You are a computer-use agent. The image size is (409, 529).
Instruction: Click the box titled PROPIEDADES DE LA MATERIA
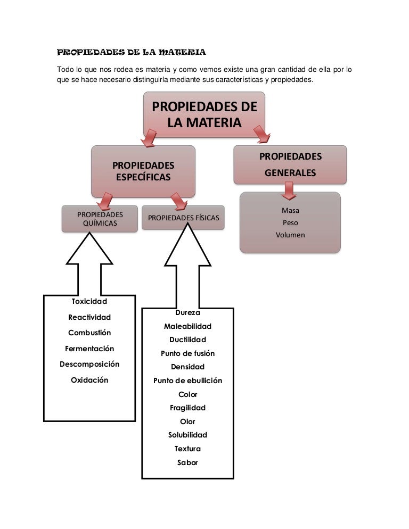204,114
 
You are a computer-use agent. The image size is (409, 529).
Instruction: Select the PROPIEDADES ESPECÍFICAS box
143,171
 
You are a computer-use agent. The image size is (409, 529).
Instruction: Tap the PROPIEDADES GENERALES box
290,165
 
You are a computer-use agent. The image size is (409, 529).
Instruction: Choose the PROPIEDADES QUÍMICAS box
100,219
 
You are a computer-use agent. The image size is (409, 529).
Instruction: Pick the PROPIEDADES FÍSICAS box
183,218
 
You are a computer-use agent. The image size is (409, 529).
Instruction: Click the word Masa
290,211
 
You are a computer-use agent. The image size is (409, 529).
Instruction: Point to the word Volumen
290,235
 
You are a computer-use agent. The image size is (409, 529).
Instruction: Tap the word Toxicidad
89,302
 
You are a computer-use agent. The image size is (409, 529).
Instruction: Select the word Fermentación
89,349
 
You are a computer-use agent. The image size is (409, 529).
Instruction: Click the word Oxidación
89,380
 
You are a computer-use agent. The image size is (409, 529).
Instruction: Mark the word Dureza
187,313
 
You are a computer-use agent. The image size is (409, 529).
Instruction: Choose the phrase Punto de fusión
187,353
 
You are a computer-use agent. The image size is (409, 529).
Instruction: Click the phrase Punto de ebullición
187,381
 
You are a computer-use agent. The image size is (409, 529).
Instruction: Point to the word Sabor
187,462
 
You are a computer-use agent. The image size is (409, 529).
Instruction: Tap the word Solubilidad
187,435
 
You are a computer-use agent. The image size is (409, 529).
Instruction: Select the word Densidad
187,367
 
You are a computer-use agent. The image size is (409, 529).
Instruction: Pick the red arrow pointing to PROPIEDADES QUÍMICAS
105,201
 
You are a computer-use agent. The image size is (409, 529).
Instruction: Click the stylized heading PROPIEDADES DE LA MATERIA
131,53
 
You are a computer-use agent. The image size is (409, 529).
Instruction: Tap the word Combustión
89,333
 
